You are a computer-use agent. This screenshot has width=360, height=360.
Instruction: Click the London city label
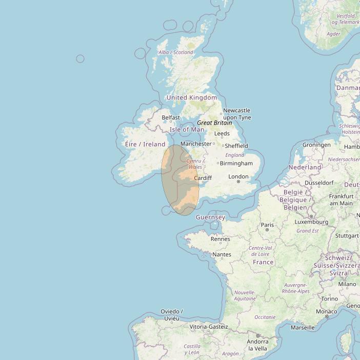238,176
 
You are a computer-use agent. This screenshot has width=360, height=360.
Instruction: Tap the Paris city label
267,225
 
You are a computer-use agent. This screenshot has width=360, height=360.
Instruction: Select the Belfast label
171,117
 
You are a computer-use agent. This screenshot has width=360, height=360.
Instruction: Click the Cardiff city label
203,178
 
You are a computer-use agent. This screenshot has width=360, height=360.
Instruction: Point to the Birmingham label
236,163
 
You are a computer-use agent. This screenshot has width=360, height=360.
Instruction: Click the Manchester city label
196,144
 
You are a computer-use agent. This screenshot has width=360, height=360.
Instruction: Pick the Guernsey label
210,217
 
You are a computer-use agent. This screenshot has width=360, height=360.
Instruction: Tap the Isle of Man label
187,130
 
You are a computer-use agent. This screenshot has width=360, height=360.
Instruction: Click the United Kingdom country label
192,97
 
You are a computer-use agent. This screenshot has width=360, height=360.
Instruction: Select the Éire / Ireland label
145,144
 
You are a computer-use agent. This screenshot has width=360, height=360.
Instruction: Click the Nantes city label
222,254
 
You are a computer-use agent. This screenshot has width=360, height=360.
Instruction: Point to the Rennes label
221,239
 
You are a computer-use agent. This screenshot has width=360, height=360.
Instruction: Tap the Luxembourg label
312,222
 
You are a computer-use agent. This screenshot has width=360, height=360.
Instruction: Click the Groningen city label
316,145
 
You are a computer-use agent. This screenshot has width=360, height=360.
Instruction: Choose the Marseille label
302,327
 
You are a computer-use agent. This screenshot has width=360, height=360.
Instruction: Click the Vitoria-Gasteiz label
209,326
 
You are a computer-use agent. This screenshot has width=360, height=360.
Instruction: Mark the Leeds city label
222,134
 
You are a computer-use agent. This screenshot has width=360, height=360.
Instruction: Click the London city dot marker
238,182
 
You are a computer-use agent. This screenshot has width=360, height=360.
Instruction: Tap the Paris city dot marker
267,230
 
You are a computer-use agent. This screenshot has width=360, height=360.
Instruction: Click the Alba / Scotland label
176,52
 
